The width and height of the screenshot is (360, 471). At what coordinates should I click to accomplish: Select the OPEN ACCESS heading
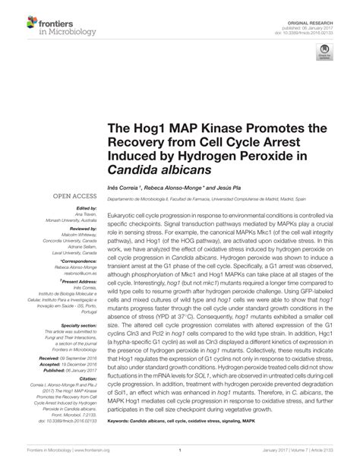pos(73,195)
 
